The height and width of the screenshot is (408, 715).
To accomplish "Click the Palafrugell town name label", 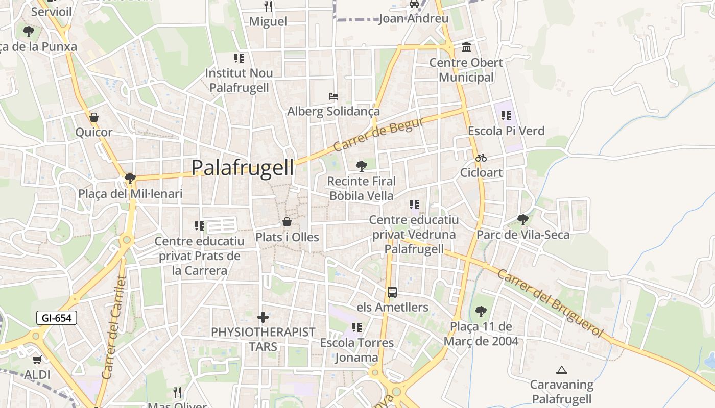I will point(243,168).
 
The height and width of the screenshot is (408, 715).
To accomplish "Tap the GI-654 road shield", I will point(57,318).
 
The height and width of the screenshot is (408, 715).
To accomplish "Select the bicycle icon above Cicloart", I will point(481,158).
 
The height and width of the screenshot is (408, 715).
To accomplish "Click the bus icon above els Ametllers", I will point(392,292).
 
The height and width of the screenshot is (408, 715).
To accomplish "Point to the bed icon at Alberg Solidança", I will point(333,96).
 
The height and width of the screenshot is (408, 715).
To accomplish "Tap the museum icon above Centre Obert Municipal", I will point(466,47).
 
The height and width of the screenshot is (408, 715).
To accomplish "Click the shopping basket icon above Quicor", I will point(94,118).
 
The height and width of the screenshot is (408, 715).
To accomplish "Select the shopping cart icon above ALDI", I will point(37,360).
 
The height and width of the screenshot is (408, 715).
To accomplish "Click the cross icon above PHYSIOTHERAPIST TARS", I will point(263,317).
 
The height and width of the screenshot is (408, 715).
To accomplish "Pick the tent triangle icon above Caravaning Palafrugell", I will point(562,370).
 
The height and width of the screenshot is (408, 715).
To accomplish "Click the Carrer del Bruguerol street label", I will point(550,302).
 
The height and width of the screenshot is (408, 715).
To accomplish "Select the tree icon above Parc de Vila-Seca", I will point(522,220).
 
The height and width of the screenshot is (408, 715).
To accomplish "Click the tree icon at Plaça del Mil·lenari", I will point(130,178).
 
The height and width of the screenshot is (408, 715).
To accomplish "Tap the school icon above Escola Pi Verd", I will point(506,116).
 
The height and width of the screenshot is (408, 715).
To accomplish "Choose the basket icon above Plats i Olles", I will point(287,222).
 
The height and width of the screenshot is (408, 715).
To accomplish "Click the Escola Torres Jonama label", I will point(356,350).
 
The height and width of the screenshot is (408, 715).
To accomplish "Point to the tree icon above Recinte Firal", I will point(362,166).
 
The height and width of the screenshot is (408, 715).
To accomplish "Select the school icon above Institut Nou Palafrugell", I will point(239,58).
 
